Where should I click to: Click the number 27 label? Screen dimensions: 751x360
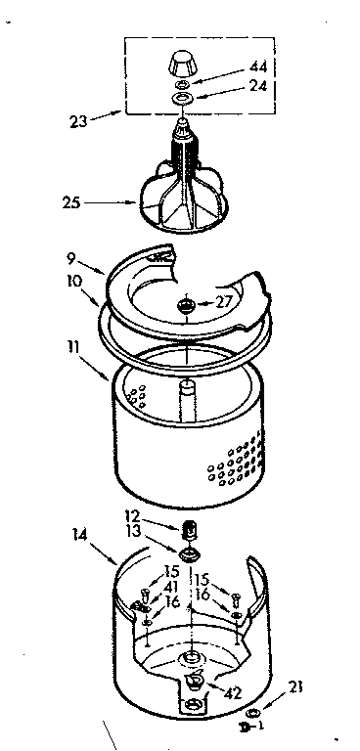(224, 302)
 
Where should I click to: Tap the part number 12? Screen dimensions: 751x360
(132, 514)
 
